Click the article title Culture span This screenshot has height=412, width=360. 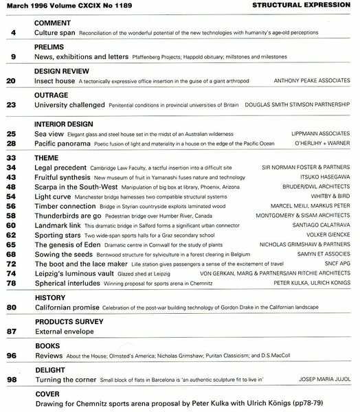click(56, 32)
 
